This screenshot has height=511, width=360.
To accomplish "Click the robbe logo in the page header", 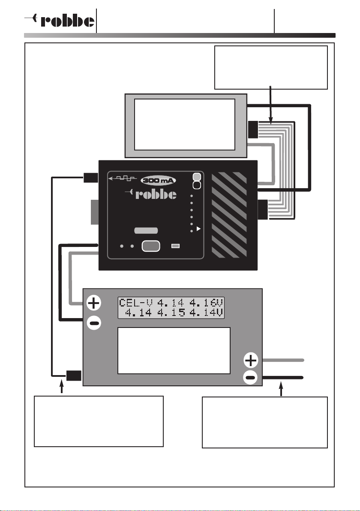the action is (x=59, y=21).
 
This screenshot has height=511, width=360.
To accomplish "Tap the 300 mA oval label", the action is (x=158, y=180).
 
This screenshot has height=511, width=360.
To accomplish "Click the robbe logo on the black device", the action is (x=151, y=194).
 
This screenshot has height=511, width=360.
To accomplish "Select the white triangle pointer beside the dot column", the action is (x=199, y=229).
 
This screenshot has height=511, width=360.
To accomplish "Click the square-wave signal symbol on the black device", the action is (x=123, y=178).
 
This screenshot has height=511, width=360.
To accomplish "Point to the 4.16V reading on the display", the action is (x=206, y=303).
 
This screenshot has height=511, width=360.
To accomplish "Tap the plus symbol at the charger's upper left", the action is (x=94, y=303).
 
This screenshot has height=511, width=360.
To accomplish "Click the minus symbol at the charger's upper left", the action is (x=94, y=323).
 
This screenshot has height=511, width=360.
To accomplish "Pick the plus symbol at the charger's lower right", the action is (x=251, y=361).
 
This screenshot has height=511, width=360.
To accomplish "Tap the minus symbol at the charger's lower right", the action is (x=251, y=378).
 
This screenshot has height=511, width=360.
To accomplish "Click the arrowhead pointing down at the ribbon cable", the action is (x=270, y=120).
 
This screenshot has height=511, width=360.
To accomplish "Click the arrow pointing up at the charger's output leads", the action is (x=281, y=389).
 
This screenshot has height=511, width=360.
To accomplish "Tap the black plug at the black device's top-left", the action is (x=91, y=177).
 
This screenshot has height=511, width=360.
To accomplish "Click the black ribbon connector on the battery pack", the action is (x=253, y=129).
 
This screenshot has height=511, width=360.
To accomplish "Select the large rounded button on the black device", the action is (x=151, y=246).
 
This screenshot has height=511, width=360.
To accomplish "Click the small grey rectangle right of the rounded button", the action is (x=176, y=246).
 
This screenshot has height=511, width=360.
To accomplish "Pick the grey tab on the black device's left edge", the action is (x=94, y=212).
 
